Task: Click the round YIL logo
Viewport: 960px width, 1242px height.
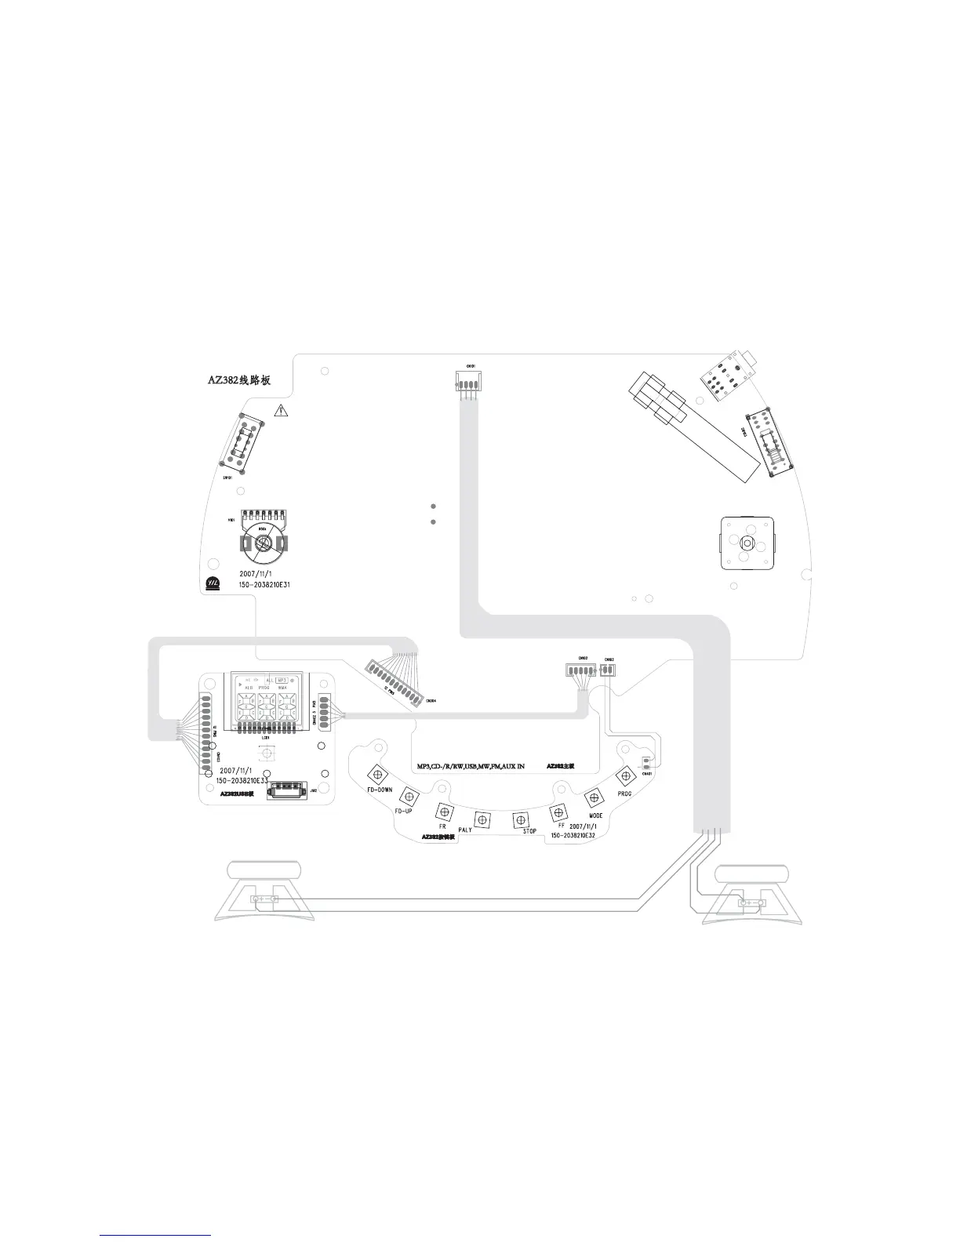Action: (x=211, y=583)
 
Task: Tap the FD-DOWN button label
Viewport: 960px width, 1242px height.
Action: (x=380, y=790)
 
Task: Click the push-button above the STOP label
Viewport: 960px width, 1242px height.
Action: (x=519, y=819)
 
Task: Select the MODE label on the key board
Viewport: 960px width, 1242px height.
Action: (x=595, y=815)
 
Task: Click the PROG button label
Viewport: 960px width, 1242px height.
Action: (x=624, y=793)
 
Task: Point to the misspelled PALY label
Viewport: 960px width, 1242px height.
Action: (x=465, y=829)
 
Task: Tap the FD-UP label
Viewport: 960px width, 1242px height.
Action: (x=403, y=809)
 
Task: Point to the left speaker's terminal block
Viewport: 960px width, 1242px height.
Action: (x=264, y=900)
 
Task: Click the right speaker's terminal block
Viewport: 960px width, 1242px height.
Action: (x=751, y=905)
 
